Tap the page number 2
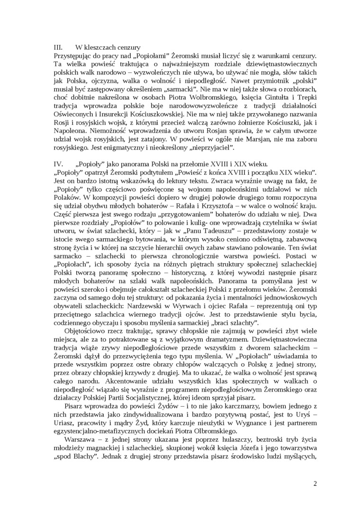(x=315, y=483)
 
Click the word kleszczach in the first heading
(x=101, y=47)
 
